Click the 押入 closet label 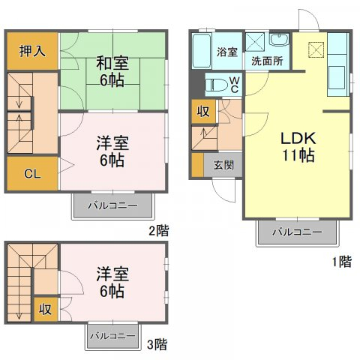click(x=32, y=51)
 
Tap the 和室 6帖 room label click(x=112, y=71)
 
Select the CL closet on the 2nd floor click(x=32, y=173)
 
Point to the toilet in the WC click(x=217, y=85)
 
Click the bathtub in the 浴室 click(x=201, y=51)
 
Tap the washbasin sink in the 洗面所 click(x=279, y=39)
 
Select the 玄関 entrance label click(x=223, y=165)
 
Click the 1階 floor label click(x=342, y=262)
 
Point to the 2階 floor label click(x=159, y=230)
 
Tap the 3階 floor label click(x=157, y=344)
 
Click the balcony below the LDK click(x=297, y=232)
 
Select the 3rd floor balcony click(x=112, y=336)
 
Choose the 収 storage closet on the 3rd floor click(x=46, y=309)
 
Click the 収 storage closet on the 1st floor click(x=203, y=112)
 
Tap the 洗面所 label click(x=267, y=61)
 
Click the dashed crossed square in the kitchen click(x=316, y=50)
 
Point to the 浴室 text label click(x=227, y=52)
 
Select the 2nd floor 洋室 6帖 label click(x=112, y=151)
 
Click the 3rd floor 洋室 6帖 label click(x=112, y=282)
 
